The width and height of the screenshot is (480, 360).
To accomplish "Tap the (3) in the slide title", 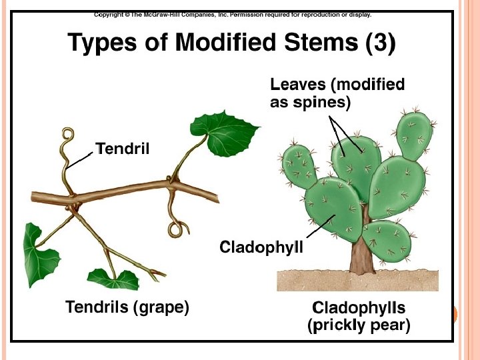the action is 381,44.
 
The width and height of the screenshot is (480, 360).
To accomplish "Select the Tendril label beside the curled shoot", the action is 123,147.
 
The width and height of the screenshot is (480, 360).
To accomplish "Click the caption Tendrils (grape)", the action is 127,307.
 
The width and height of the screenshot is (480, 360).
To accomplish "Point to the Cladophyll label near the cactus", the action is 261,247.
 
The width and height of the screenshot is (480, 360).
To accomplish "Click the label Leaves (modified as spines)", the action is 337,93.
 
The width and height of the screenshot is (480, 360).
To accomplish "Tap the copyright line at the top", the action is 233,14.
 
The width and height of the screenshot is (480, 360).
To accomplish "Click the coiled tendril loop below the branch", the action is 176,229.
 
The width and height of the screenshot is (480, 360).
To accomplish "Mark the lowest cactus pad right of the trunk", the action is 387,239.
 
